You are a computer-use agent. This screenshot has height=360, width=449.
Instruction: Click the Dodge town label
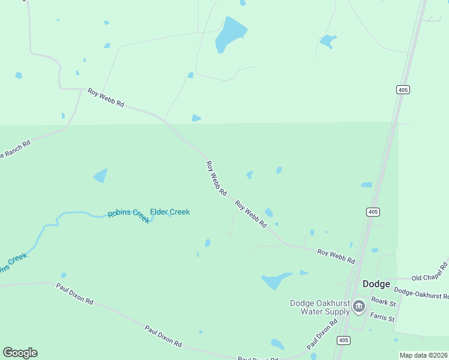point(376,284)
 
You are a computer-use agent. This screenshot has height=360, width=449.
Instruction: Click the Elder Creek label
point(170,212)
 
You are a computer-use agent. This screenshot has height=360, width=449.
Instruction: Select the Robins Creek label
point(128,215)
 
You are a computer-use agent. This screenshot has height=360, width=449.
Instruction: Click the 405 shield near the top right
point(403,89)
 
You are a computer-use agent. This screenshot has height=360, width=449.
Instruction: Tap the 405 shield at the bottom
point(343,340)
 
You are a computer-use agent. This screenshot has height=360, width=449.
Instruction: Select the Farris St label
point(382,316)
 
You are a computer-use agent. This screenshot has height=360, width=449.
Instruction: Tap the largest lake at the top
point(230,35)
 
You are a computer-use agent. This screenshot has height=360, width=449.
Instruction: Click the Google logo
point(20,353)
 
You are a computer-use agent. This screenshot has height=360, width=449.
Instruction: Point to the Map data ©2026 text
point(423,355)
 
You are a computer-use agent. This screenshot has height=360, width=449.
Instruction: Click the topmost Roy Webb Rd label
point(106,98)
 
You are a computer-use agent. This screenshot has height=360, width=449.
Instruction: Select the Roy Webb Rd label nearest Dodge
point(336,257)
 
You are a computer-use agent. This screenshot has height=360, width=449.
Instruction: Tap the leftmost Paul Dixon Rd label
point(74,293)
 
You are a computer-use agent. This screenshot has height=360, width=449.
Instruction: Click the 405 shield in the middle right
point(373,212)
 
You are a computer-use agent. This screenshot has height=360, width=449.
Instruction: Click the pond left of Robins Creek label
point(100,176)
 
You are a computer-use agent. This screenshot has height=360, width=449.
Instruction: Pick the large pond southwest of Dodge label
point(276,280)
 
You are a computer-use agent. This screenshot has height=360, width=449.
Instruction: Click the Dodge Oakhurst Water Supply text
point(319,307)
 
